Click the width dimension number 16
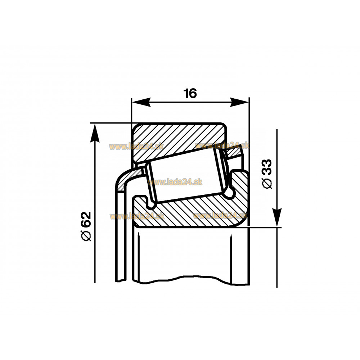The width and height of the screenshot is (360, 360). [190, 94]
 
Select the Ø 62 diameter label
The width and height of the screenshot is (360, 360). [86, 226]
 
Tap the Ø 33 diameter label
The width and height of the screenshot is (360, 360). [267, 174]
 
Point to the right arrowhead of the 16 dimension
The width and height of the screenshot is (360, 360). [239, 102]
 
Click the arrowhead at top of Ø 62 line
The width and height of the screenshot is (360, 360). [95, 133]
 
